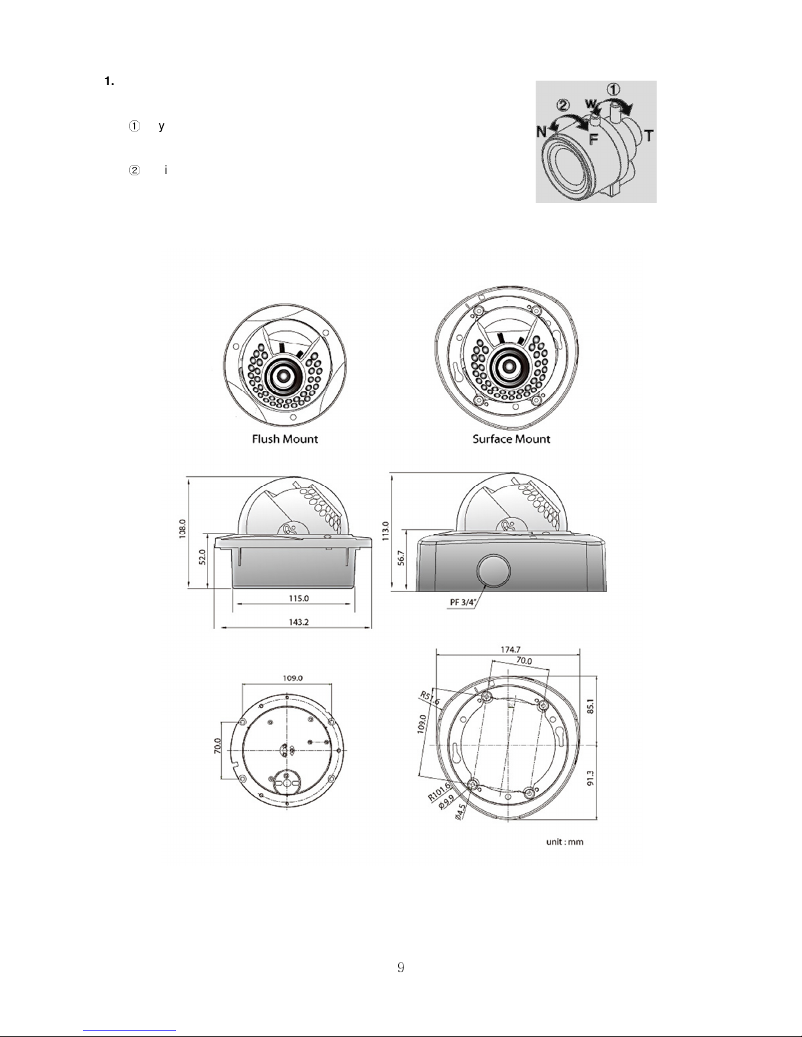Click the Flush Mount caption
285,439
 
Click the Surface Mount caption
511,439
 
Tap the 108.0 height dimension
183,529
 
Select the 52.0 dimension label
202,557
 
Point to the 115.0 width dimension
299,599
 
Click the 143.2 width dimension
299,622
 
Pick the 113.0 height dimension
386,531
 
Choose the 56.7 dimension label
401,557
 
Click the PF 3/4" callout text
463,603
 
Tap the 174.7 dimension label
510,650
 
